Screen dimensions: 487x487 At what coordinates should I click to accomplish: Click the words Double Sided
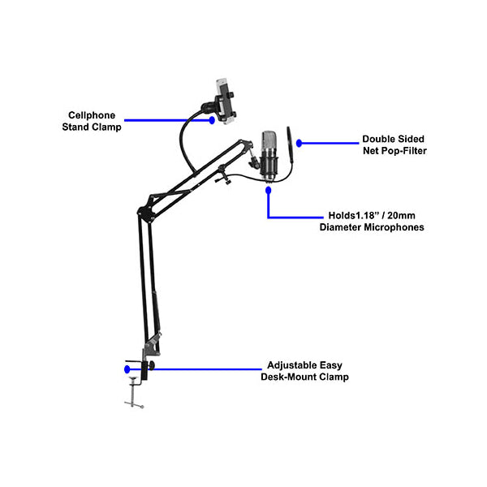click(x=394, y=139)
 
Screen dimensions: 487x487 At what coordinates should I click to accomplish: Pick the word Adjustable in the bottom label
click(x=292, y=365)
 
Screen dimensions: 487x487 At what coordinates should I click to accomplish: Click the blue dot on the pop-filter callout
click(x=300, y=144)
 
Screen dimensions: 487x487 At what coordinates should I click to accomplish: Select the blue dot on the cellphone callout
click(x=213, y=120)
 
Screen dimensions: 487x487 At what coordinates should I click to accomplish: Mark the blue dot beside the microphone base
click(x=268, y=190)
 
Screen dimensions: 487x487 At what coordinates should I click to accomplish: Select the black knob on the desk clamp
click(x=147, y=370)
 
